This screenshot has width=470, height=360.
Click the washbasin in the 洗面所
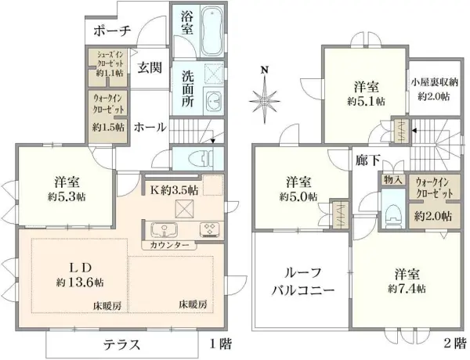(213, 99)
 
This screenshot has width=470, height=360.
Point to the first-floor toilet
(204, 157)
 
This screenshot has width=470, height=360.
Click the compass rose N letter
(266, 70)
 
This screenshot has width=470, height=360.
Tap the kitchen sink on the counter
(165, 230)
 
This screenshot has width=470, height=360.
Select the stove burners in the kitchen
(210, 230)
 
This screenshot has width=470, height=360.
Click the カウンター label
(164, 246)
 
